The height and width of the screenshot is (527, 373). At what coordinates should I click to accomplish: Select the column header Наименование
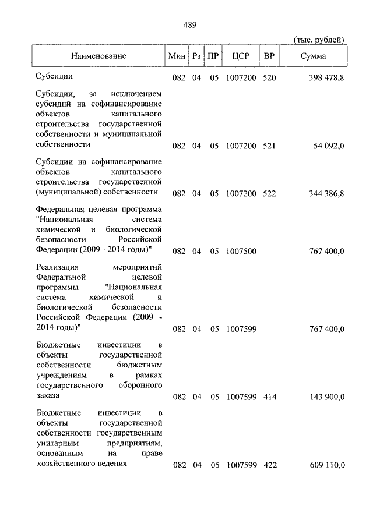click(98, 56)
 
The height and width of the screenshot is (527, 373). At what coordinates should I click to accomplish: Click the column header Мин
click(177, 56)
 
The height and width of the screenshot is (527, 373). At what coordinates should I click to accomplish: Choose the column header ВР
click(269, 56)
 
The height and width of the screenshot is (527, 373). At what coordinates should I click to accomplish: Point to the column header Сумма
click(314, 56)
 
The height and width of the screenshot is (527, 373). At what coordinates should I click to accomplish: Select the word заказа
click(48, 395)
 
